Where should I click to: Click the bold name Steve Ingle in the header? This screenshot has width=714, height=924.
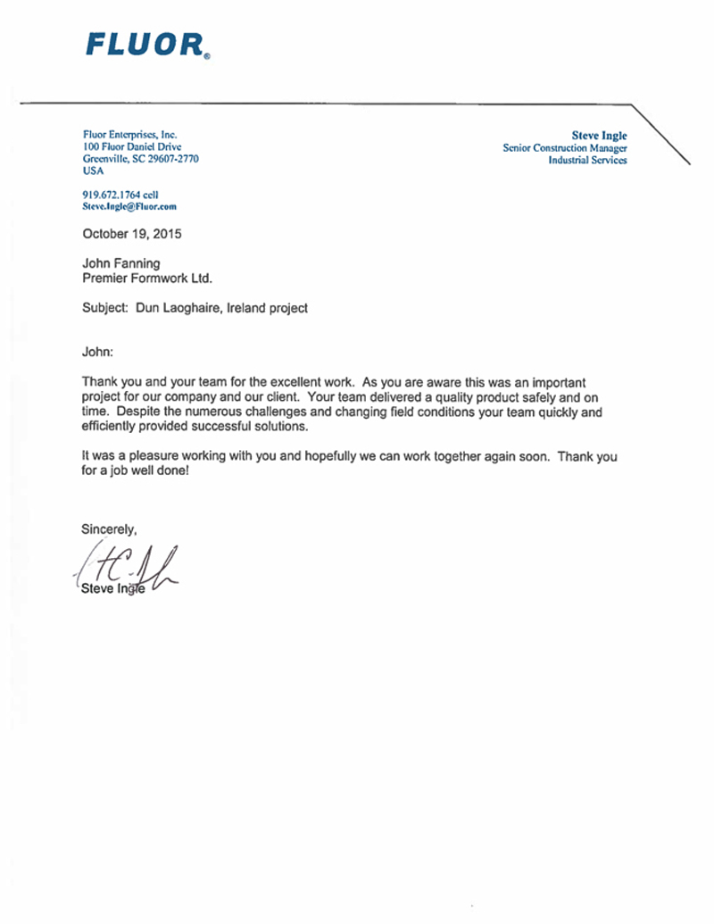pos(599,136)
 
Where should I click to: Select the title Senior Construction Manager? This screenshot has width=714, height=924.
pos(565,148)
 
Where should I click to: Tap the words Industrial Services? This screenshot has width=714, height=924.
pos(587,161)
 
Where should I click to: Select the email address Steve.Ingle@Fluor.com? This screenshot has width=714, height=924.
pos(129,206)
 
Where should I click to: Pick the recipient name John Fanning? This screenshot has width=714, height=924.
pos(121,264)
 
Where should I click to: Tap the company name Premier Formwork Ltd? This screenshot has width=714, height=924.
pos(147,279)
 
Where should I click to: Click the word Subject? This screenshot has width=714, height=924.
pos(105,308)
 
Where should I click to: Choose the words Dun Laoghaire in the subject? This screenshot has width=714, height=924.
pos(175,308)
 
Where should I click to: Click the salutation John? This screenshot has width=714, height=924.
pos(98,352)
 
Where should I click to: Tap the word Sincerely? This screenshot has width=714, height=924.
pos(109,529)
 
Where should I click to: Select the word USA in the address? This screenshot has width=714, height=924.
pos(94,171)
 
